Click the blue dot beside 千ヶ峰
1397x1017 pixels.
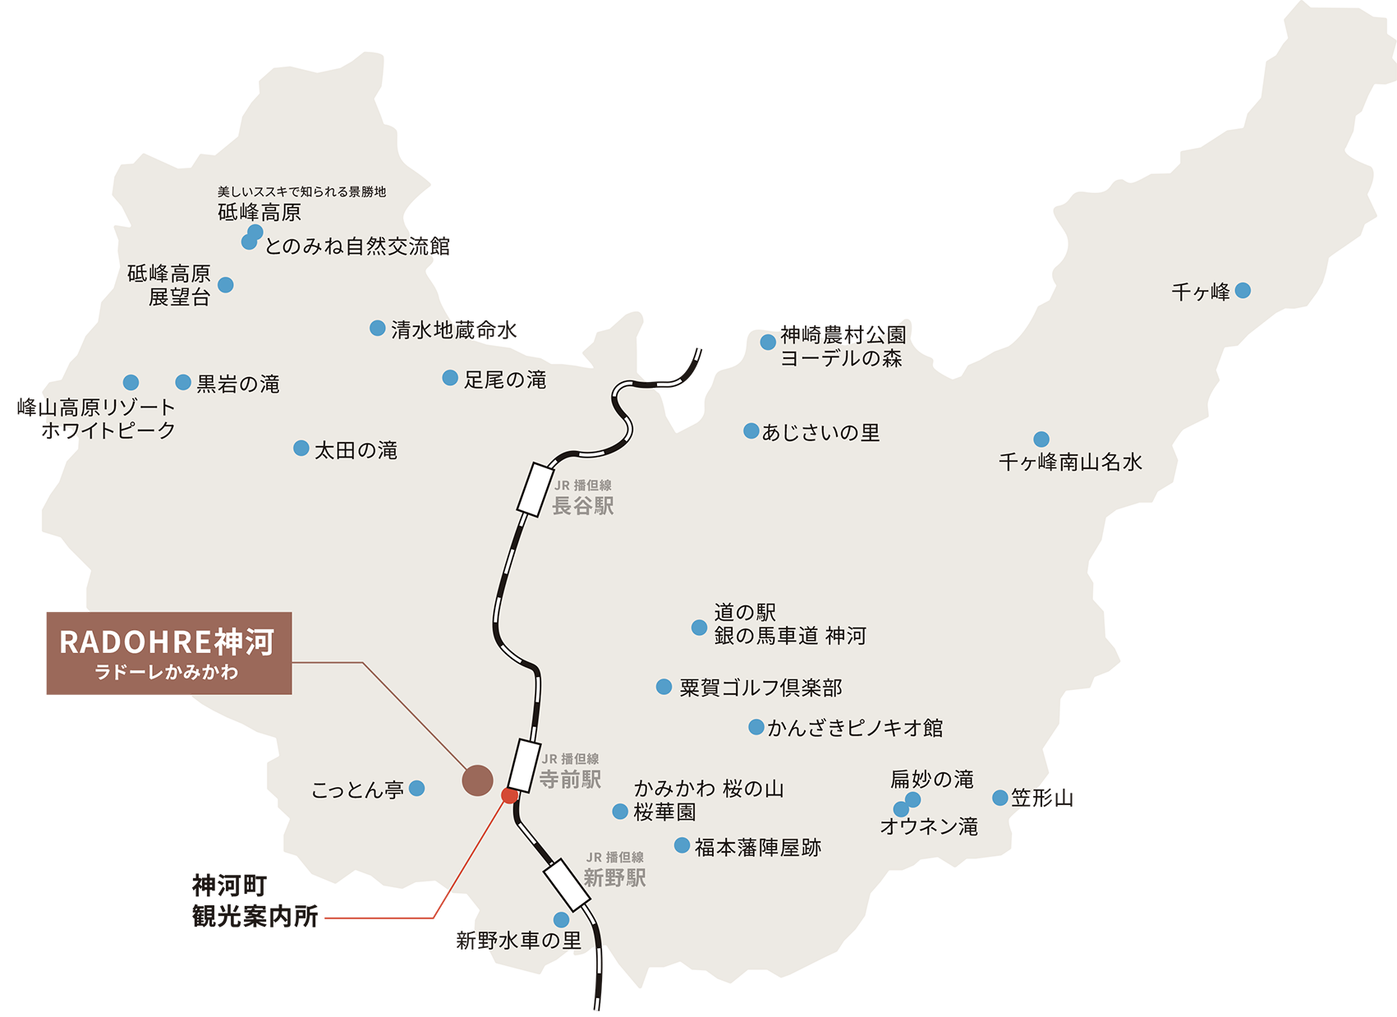click(x=1243, y=291)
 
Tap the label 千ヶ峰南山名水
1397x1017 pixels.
click(x=1070, y=462)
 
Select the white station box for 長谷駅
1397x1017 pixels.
click(x=536, y=490)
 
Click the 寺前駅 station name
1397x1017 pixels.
click(x=570, y=779)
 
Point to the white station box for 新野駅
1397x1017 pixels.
click(x=567, y=884)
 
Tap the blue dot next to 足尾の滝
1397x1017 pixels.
click(x=450, y=378)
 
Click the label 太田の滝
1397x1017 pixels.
click(x=356, y=450)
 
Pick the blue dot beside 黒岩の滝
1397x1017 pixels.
click(x=183, y=382)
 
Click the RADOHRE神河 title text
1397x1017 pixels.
click(x=167, y=642)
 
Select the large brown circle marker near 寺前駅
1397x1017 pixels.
click(x=477, y=780)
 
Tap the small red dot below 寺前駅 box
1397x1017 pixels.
click(x=509, y=795)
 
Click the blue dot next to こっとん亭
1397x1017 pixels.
click(x=416, y=789)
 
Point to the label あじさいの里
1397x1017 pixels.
click(x=820, y=432)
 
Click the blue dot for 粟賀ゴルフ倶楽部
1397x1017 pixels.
click(x=664, y=687)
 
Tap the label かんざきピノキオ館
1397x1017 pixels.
click(x=855, y=728)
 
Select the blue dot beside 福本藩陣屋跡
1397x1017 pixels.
click(x=682, y=845)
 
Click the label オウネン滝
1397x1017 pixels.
click(x=929, y=826)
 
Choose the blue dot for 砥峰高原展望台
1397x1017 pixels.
click(x=226, y=285)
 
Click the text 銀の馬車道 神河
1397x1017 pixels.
click(x=790, y=635)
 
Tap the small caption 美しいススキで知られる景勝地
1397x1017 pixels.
click(x=301, y=191)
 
